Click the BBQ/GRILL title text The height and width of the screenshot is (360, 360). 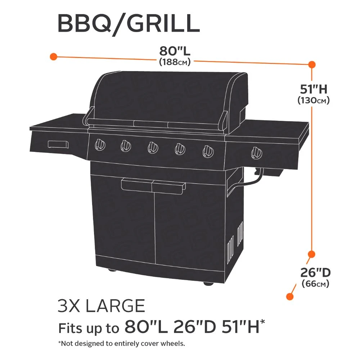(129, 24)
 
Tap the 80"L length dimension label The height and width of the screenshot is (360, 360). (175, 51)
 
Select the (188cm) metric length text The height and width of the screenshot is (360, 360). (175, 62)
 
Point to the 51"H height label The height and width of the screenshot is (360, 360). (314, 89)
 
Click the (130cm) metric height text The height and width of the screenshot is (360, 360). (314, 100)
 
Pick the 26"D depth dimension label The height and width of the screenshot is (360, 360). (315, 273)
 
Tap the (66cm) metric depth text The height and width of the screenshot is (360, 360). (315, 284)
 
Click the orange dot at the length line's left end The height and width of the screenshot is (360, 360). (54, 57)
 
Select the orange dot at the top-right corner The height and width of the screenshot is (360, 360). (311, 64)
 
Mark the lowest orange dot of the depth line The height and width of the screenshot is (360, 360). (290, 296)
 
